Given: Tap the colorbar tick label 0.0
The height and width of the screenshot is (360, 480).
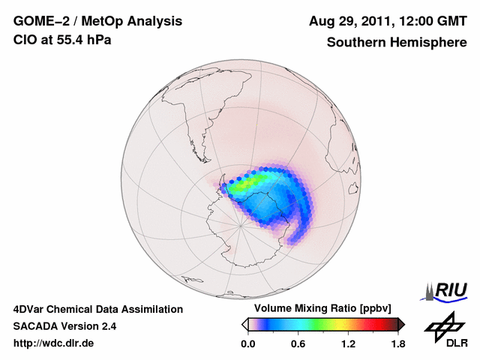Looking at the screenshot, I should [x=248, y=344].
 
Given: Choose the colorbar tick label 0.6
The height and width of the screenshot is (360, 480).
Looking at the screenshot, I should [x=298, y=344].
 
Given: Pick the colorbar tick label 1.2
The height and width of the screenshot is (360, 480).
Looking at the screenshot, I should [x=348, y=344].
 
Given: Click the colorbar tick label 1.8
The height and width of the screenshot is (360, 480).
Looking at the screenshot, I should [x=397, y=344].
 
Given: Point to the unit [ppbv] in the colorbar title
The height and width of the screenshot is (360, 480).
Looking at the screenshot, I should [x=380, y=309].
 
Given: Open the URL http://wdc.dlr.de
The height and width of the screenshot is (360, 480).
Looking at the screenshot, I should [x=54, y=343].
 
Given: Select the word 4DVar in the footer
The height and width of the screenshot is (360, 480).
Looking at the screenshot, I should [x=31, y=309].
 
